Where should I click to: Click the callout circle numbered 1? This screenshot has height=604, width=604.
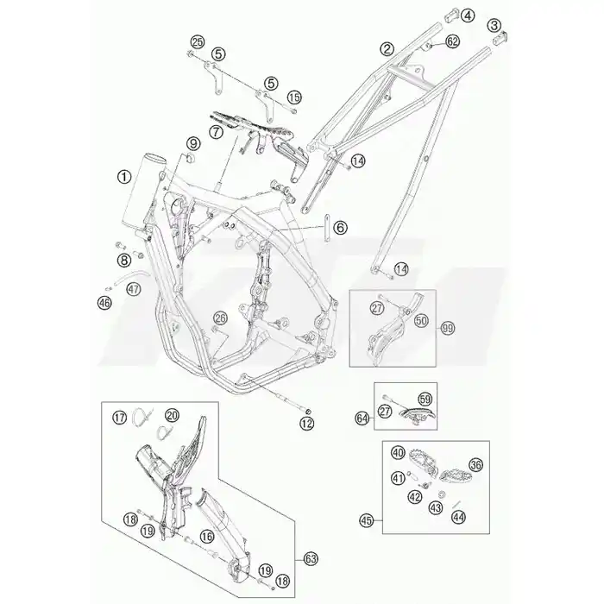click(x=124, y=177)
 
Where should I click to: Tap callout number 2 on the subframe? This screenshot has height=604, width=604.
click(x=387, y=48)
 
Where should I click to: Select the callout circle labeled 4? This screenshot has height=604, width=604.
click(x=468, y=16)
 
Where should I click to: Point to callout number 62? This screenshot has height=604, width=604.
click(x=452, y=41)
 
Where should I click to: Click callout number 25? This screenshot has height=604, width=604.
click(x=198, y=42)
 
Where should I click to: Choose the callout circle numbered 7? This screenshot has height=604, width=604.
click(x=216, y=132)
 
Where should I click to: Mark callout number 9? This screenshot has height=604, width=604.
click(x=193, y=144)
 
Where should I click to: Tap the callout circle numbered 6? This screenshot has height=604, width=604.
click(x=340, y=228)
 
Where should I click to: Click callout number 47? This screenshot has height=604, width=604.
click(x=134, y=288)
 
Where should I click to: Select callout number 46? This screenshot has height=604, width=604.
click(x=104, y=303)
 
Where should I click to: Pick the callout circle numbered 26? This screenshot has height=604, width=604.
click(x=221, y=318)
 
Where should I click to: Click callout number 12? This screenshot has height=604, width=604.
click(x=307, y=424)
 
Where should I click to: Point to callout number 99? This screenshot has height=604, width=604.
click(x=448, y=329)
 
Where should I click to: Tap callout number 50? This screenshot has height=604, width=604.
click(x=421, y=320)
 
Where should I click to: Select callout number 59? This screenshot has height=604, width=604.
click(x=425, y=400)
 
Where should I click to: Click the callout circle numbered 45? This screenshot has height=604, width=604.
click(x=367, y=521)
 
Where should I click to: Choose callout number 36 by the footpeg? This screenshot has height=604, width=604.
click(x=475, y=465)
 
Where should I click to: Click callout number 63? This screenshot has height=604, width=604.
click(x=311, y=559)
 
